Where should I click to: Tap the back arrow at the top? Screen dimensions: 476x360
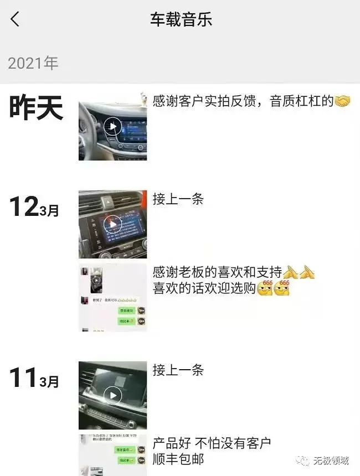click(x=15, y=20)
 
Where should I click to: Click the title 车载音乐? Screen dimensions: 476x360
click(x=181, y=20)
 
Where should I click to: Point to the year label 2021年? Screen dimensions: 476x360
click(x=33, y=63)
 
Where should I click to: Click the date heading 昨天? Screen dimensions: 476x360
click(x=36, y=107)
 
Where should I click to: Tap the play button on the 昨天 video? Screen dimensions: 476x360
click(x=113, y=127)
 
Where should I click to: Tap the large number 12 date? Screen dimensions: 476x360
click(x=23, y=207)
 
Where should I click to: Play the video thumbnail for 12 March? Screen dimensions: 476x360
click(x=113, y=224)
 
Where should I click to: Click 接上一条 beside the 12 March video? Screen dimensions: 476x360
click(x=178, y=199)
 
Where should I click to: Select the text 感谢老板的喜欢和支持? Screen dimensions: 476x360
click(x=218, y=272)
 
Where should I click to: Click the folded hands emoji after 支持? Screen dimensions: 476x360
click(x=299, y=272)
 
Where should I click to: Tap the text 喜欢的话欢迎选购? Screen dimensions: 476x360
click(x=204, y=289)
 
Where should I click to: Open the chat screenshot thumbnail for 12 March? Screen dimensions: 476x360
click(x=113, y=298)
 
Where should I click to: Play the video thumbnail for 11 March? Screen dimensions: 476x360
click(x=113, y=395)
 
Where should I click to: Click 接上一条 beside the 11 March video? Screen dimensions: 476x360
click(x=178, y=370)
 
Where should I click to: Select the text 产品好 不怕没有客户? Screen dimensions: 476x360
click(x=212, y=443)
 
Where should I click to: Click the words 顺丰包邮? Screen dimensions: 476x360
click(x=178, y=459)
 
